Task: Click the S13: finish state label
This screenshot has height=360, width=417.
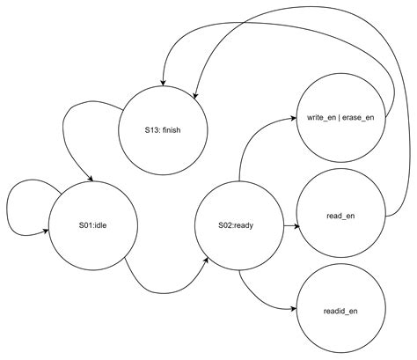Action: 163,130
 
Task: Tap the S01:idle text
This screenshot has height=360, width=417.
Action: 92,225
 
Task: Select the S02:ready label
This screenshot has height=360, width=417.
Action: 236,225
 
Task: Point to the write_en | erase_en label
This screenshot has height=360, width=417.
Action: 340,118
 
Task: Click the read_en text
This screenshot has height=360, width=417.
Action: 340,216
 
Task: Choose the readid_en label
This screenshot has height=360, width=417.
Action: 340,311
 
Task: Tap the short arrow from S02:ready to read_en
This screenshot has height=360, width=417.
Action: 292,226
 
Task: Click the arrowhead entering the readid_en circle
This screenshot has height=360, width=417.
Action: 293,309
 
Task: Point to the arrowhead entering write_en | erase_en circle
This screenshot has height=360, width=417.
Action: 294,118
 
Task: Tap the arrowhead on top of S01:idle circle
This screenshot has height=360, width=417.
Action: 91,179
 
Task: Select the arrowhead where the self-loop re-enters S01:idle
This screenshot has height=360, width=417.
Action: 46,231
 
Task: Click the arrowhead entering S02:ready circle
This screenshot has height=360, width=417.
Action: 207,260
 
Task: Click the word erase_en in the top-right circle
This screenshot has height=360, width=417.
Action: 358,118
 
